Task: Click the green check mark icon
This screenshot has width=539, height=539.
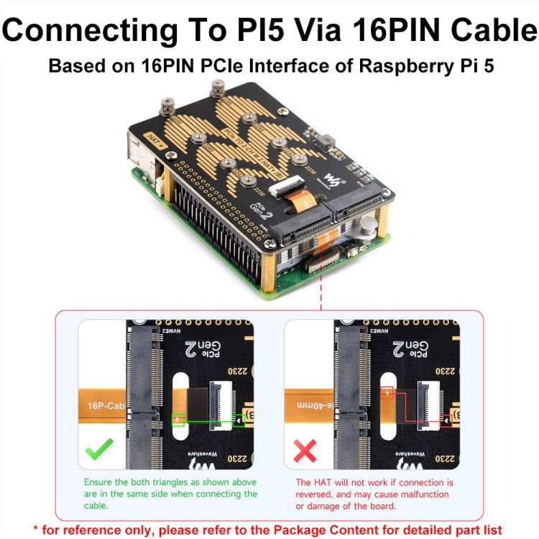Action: pos(98,451)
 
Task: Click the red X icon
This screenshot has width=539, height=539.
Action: pos(305,451)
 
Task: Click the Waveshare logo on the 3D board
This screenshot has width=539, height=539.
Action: pos(333,179)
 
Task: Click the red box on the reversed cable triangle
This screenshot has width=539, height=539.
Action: pos(387,392)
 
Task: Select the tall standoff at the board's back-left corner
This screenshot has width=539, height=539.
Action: pos(167,108)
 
